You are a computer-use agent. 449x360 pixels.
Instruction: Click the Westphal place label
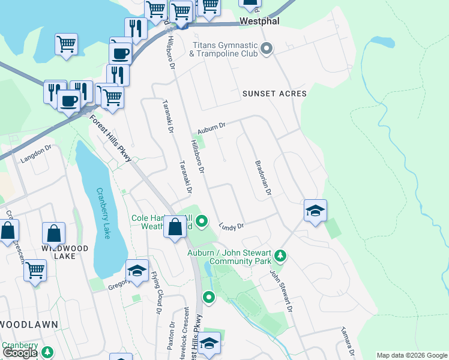point(261,20)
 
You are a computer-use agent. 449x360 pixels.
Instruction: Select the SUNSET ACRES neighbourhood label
point(274,94)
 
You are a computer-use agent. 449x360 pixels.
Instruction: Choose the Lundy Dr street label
point(231,226)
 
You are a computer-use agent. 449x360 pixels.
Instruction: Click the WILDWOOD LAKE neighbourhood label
point(65,252)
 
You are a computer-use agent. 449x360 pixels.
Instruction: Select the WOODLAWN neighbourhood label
point(29,325)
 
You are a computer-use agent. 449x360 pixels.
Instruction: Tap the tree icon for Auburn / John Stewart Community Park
point(280,257)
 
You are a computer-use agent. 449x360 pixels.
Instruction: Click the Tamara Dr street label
point(348,339)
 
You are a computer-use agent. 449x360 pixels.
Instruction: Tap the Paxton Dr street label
point(173,335)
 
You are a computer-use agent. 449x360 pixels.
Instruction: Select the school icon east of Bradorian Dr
point(315,211)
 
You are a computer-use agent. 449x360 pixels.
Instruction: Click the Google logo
point(20,353)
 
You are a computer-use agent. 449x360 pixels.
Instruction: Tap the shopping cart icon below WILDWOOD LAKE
point(35,270)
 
